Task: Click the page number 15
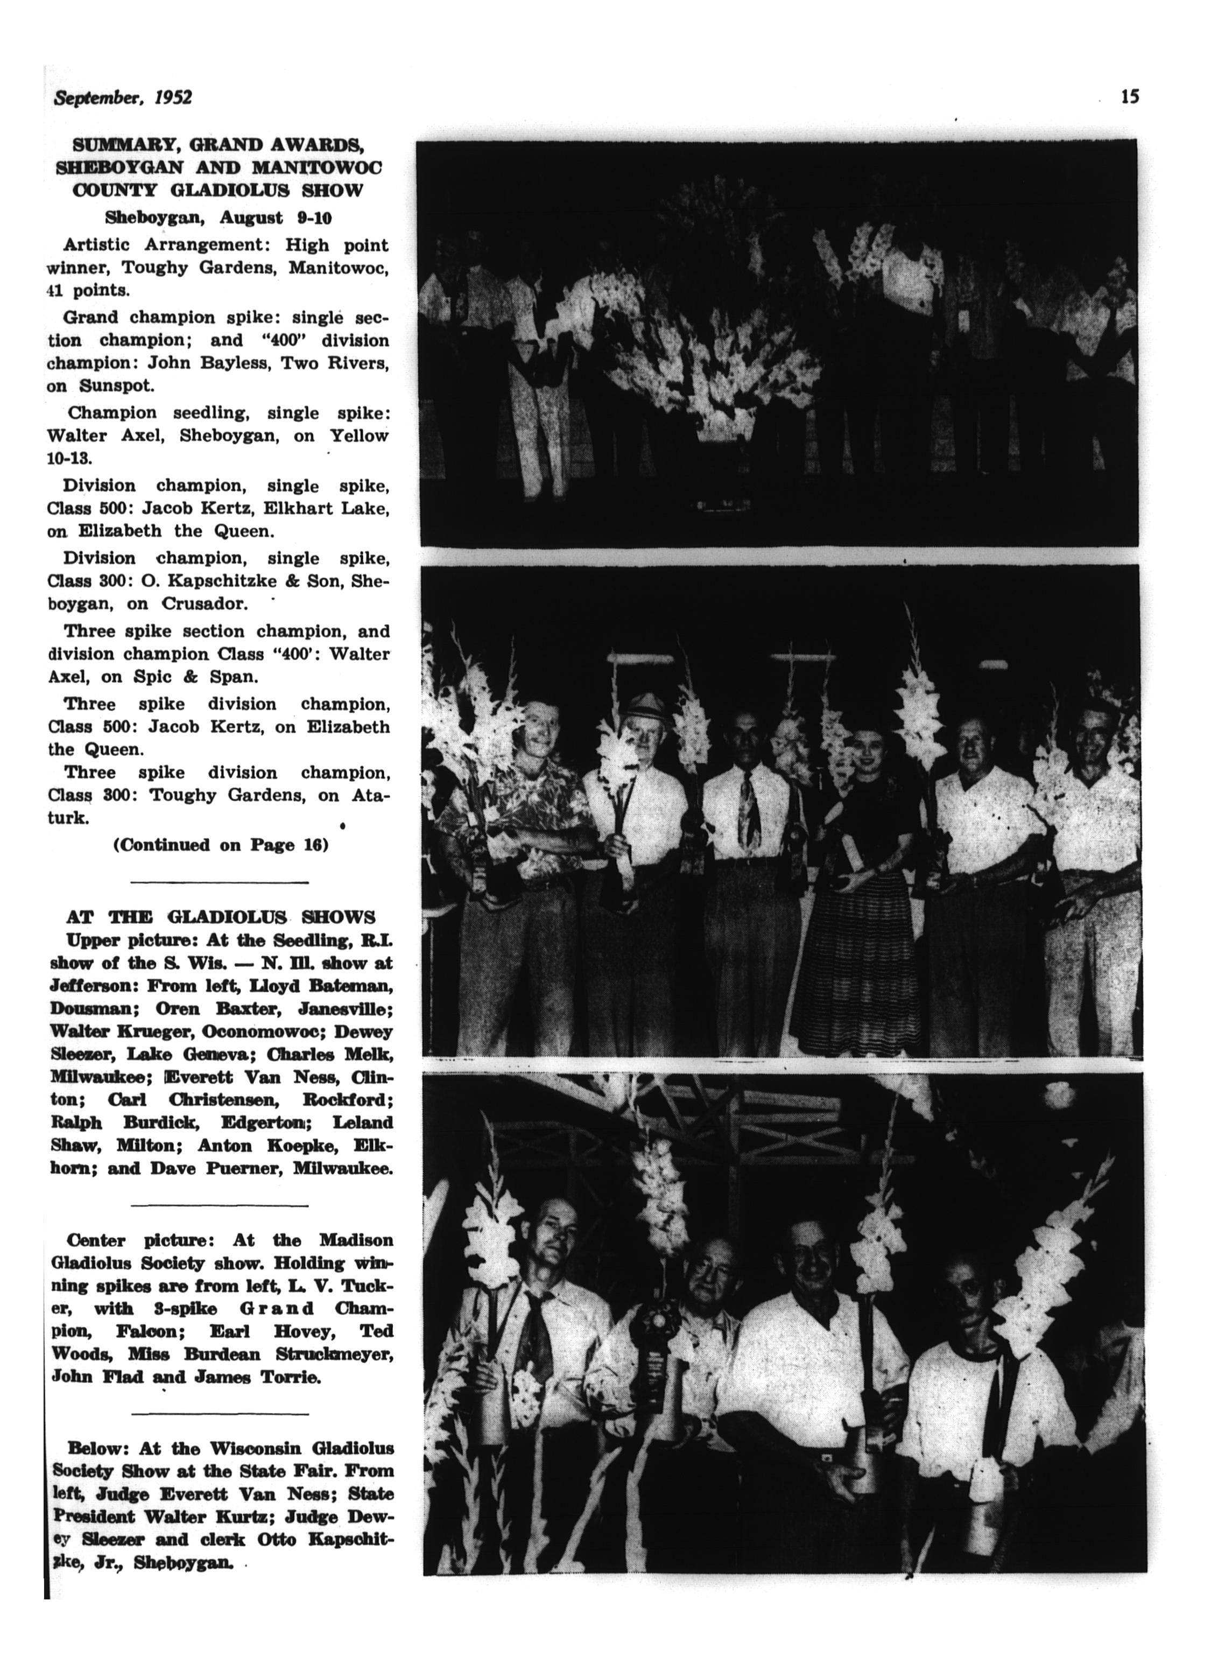point(1130,96)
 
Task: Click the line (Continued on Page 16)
point(220,845)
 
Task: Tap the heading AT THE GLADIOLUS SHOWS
point(221,917)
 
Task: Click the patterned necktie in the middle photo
point(750,811)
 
